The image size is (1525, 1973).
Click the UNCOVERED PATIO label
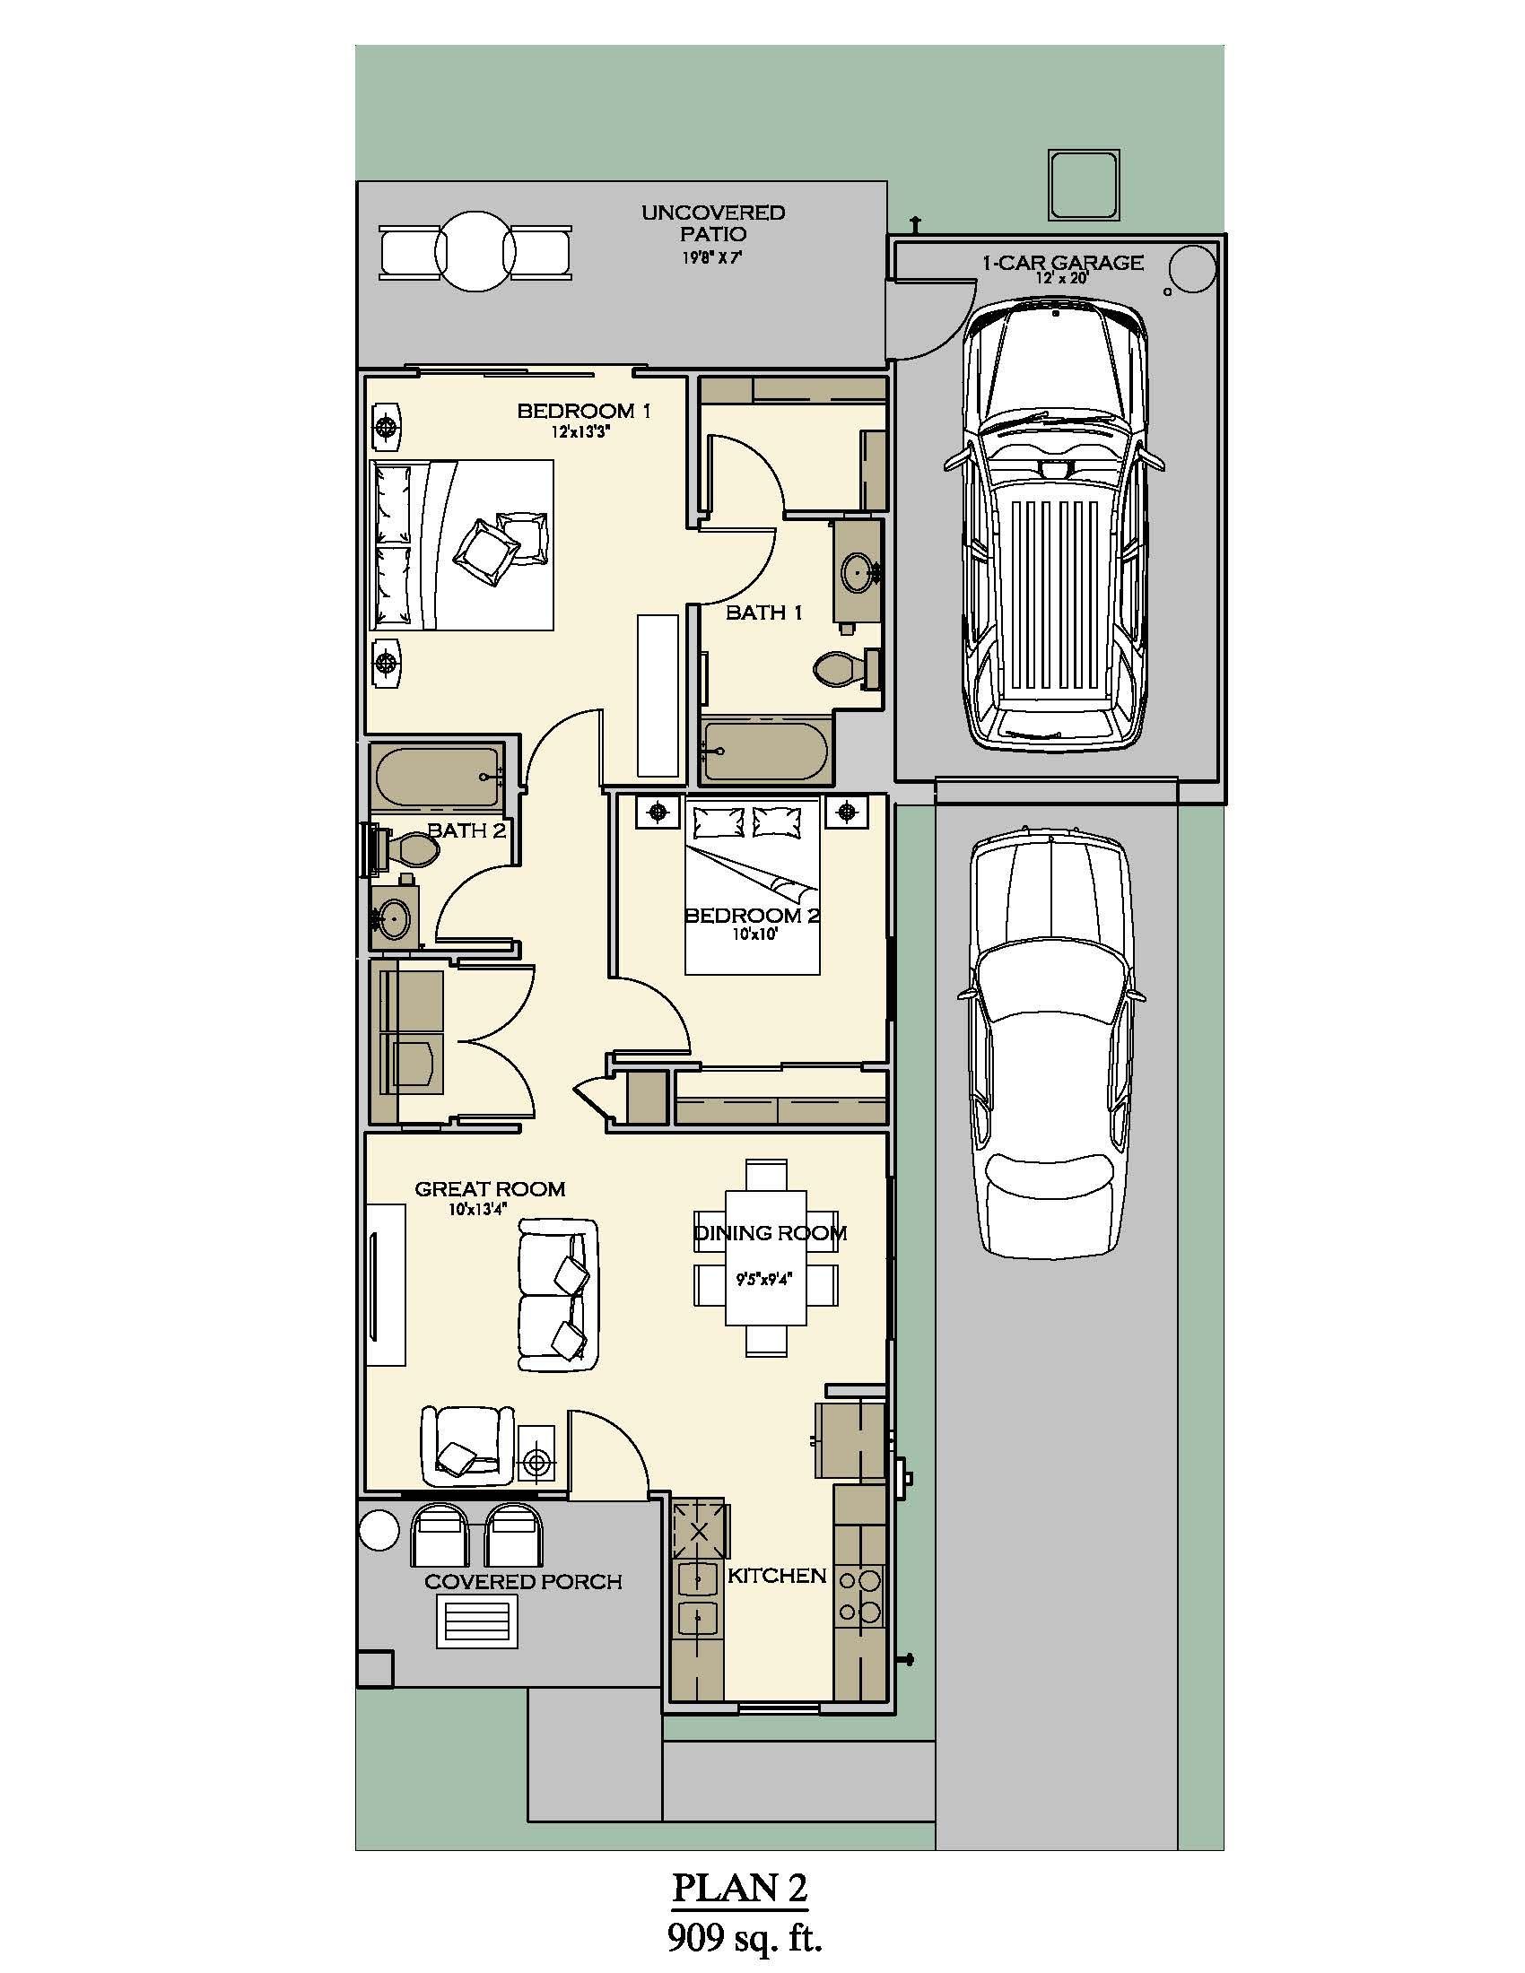713,223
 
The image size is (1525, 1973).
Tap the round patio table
475,250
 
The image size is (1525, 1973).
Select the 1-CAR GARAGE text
1062,263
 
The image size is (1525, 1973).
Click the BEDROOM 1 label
584,411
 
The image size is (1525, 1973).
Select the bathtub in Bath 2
438,777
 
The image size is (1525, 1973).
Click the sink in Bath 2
394,919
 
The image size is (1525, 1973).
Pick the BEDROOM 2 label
752,915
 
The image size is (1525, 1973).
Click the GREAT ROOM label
490,1189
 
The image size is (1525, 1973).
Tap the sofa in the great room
556,1293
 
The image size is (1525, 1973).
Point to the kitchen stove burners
858,1595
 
